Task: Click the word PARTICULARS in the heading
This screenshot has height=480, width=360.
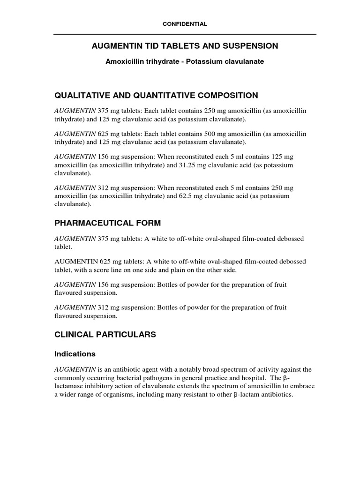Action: tap(127, 335)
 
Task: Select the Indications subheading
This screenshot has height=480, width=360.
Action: tap(75, 354)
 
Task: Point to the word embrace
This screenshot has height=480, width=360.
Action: tap(303, 386)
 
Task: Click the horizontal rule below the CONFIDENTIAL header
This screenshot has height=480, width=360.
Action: tap(185, 34)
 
